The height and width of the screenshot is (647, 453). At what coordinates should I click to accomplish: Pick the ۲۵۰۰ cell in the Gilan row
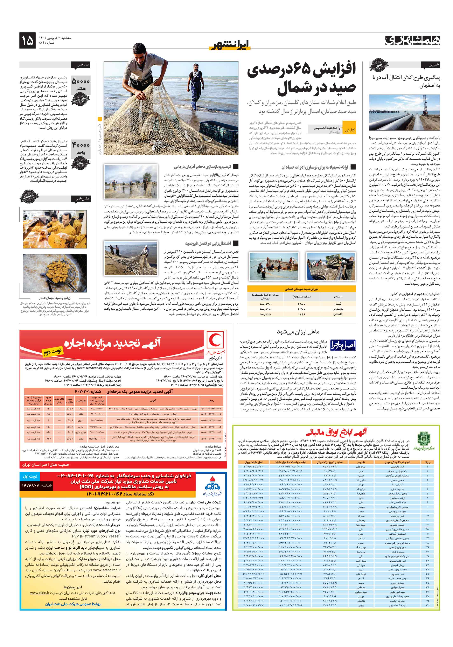301,304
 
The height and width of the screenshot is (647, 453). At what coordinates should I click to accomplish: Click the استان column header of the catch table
338,296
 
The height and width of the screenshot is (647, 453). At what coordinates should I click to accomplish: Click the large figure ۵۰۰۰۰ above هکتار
81,82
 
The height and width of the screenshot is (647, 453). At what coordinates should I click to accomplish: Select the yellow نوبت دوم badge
53,351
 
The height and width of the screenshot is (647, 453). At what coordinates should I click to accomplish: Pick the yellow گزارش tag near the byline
350,130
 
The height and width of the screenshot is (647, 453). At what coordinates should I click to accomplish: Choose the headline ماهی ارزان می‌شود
298,332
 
